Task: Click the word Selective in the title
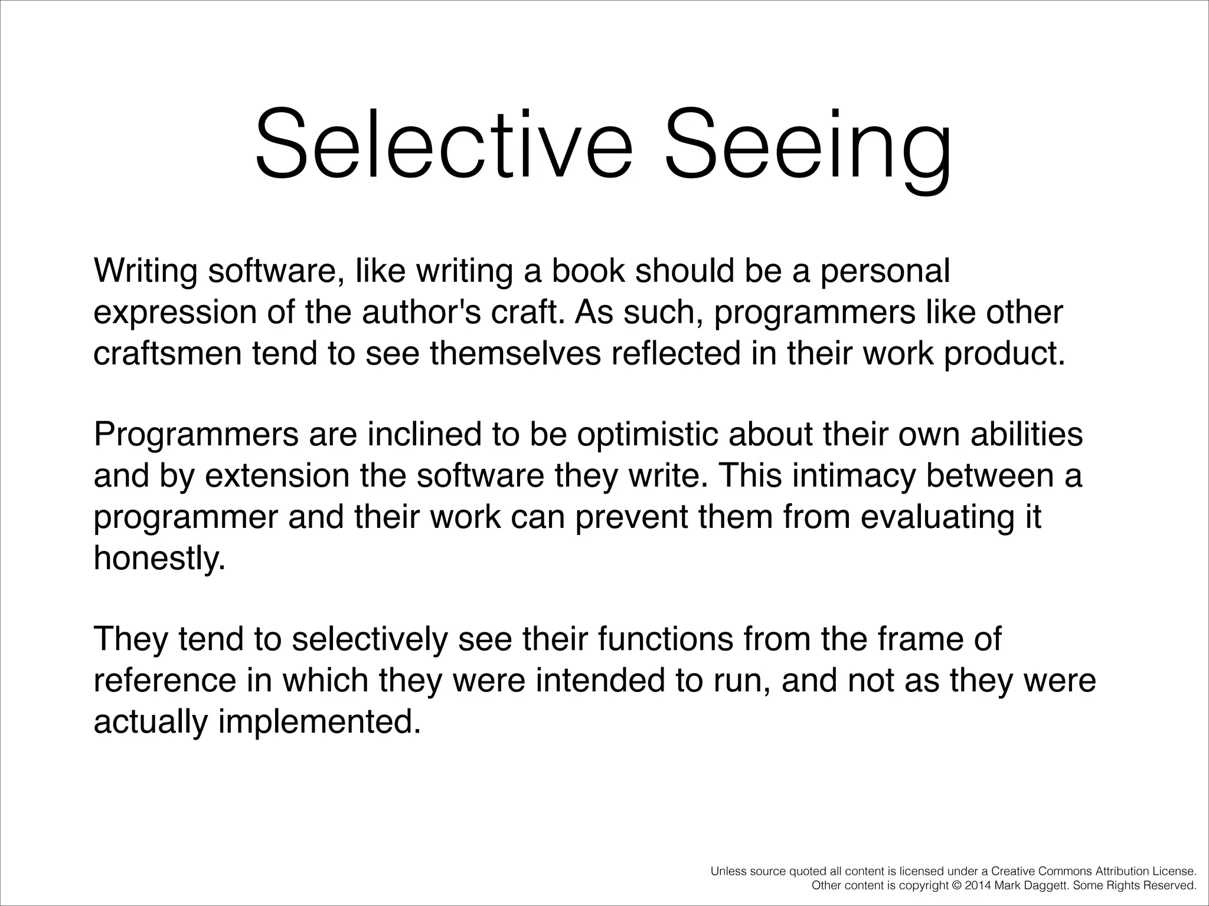pyautogui.click(x=443, y=145)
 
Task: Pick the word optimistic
pyautogui.click(x=647, y=435)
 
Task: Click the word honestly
pyautogui.click(x=159, y=558)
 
